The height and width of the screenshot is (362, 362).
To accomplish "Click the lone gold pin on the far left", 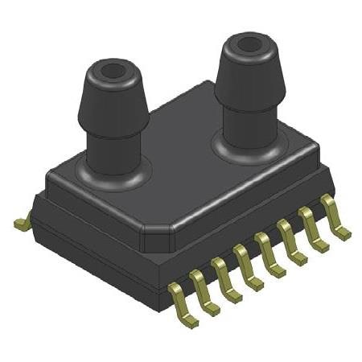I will click(22, 220).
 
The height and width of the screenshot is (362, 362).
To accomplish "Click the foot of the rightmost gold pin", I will click(343, 233).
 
